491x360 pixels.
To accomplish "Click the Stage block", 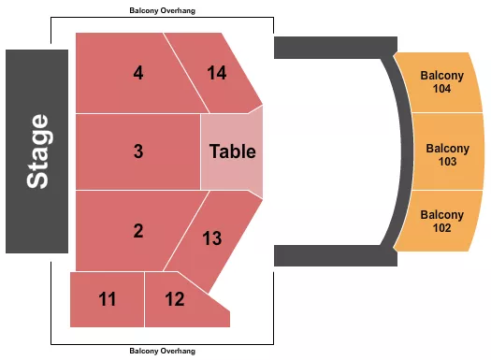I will point(37,151).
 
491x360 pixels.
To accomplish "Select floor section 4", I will point(131,73).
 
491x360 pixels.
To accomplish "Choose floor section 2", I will point(131,230).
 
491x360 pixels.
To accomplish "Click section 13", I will point(213,238).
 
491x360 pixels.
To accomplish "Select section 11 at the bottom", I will point(108,299).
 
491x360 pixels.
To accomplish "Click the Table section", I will point(231,151).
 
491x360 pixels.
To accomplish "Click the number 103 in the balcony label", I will point(446,162).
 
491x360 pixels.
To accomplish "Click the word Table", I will point(232,151).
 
